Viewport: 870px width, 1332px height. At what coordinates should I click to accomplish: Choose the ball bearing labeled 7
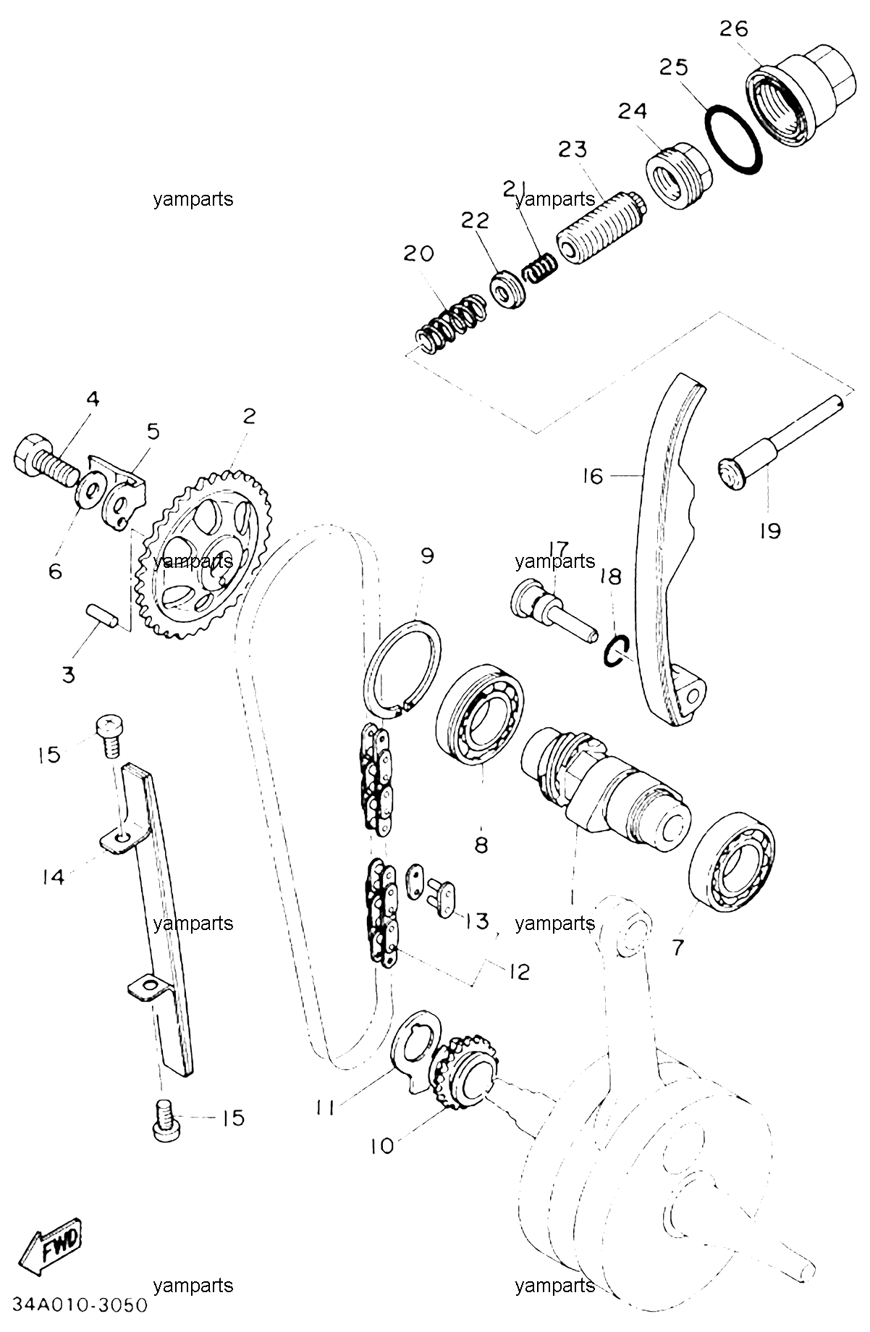pos(732,861)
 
